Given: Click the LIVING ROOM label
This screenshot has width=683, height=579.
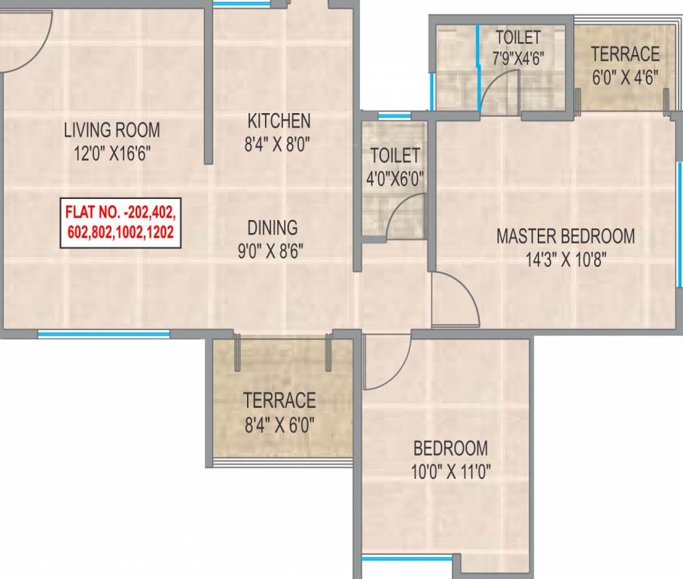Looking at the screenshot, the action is (112, 130).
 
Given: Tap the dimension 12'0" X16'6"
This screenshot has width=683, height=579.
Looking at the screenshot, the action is (112, 154).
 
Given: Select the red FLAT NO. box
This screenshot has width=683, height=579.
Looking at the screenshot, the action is (120, 223).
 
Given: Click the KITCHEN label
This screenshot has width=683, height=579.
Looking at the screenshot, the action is (279, 121).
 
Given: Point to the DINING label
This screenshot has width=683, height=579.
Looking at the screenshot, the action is (273, 228).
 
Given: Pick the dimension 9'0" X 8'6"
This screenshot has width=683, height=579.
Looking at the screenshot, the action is (270, 251).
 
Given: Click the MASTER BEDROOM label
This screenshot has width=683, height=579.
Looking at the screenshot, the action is (566, 236).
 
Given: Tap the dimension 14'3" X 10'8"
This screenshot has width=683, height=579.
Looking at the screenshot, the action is (566, 260).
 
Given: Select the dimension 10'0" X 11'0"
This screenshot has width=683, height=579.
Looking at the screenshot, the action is (451, 472).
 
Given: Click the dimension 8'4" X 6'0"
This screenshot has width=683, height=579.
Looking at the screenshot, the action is (279, 424).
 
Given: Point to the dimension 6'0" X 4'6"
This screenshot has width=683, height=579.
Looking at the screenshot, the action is (625, 78).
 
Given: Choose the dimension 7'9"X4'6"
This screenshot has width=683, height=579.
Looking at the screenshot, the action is (518, 59).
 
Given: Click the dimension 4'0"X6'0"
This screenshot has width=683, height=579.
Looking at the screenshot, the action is (395, 179).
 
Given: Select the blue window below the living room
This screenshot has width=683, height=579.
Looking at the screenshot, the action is (103, 334).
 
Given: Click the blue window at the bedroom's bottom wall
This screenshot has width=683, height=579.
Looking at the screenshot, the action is (407, 558).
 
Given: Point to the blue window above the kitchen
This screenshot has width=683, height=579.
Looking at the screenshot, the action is (241, 4).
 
